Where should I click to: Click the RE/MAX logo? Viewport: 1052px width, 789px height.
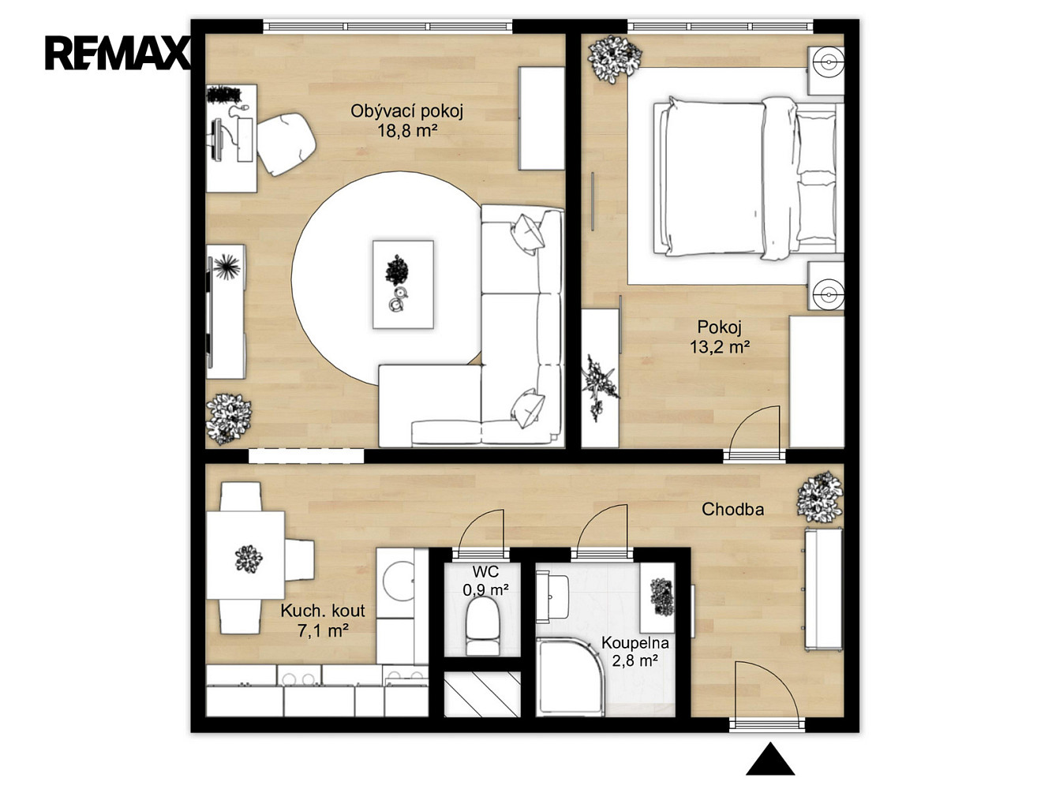118,54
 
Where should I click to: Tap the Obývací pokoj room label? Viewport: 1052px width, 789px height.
407,111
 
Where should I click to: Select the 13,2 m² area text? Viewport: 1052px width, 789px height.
720,346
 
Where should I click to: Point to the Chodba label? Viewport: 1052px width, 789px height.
732,509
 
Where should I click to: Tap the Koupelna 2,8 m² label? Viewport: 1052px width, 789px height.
635,652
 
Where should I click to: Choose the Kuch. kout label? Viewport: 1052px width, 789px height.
323,611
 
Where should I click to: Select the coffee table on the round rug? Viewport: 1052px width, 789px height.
403,285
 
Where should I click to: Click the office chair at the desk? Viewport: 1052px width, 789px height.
286,144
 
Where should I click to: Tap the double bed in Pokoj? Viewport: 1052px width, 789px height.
747,178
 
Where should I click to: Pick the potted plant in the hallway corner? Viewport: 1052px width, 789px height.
819,497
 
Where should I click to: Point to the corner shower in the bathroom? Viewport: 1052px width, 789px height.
570,676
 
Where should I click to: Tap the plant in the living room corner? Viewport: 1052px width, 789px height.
229,419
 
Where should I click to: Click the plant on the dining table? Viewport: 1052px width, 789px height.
249,559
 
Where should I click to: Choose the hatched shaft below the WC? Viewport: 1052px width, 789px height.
482,694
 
